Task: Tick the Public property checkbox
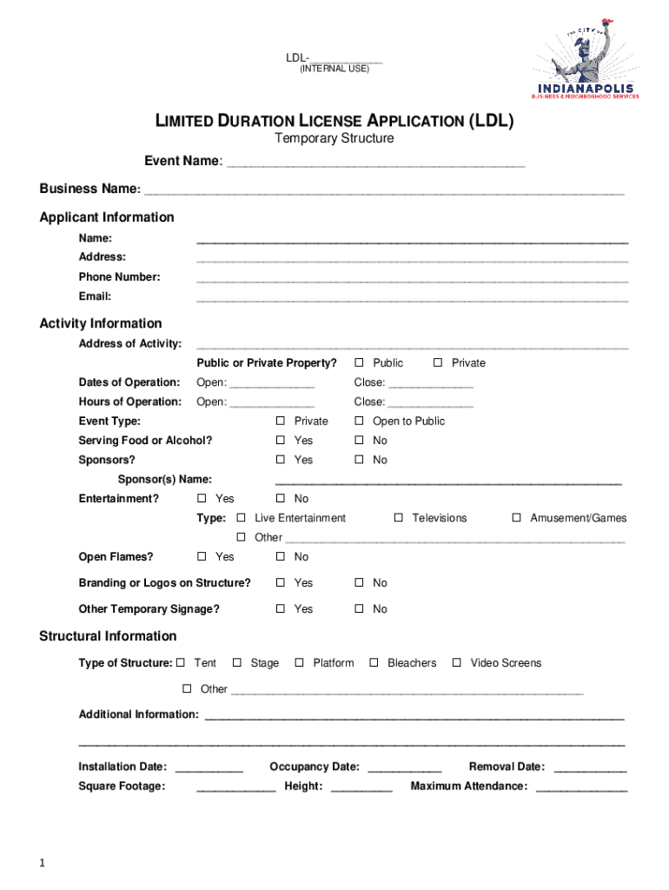pos(358,362)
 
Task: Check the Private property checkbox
pos(438,362)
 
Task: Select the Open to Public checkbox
pos(358,421)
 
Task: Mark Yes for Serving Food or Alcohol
pos(281,441)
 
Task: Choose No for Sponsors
pos(358,460)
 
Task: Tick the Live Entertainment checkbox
pos(242,518)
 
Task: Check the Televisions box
pos(399,518)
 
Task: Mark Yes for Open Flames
pos(202,557)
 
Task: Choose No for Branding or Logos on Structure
pos(358,583)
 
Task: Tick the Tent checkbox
pos(181,663)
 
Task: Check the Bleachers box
pos(374,663)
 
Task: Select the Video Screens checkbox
pos(457,663)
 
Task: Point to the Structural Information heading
pos(108,636)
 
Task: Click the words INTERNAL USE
pos(334,69)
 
